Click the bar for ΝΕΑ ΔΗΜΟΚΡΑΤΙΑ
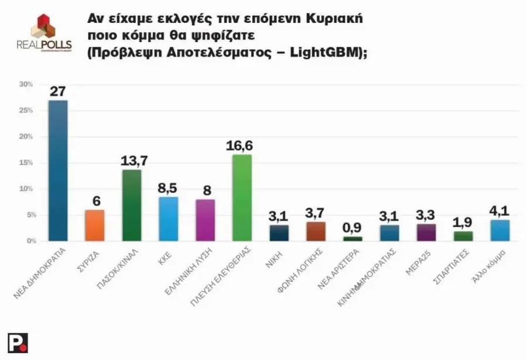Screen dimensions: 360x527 pos(58,170)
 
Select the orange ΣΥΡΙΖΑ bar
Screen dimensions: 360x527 pos(95,225)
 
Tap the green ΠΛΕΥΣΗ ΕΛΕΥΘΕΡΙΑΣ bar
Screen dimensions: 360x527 pos(242,197)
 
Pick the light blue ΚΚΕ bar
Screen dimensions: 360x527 pos(169,219)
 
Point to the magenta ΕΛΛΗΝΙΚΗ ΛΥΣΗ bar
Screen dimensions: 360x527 pos(206,220)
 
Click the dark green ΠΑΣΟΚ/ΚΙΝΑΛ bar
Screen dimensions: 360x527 pos(132,205)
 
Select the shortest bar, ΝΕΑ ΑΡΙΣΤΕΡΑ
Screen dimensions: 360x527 pos(353,238)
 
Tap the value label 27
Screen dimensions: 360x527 pos(58,91)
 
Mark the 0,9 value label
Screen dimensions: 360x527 pos(353,227)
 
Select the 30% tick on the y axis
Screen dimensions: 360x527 pos(25,84)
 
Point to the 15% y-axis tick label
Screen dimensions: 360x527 pos(25,163)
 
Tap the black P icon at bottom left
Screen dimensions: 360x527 pos(18,342)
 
